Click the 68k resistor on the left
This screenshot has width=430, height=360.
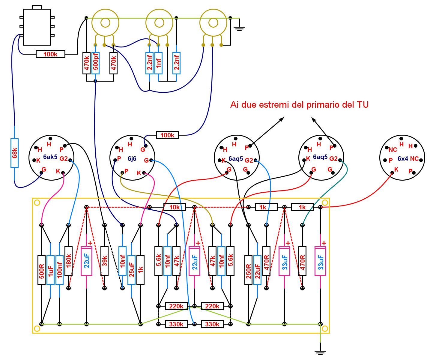tap(14, 153)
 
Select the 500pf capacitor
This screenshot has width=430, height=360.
tap(96, 63)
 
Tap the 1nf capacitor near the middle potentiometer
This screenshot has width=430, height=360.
tap(158, 63)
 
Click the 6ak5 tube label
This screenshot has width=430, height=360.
tap(50, 157)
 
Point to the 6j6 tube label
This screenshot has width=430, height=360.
tap(132, 158)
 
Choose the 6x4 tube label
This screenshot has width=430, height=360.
tap(403, 158)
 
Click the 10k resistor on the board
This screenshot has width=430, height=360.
tap(175, 207)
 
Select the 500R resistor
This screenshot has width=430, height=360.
tap(41, 270)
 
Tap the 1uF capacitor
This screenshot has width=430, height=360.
tap(50, 270)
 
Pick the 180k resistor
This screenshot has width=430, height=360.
tap(69, 261)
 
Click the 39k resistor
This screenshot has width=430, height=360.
tap(104, 261)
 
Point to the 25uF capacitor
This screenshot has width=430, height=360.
tap(131, 270)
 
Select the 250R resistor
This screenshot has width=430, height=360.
tap(248, 270)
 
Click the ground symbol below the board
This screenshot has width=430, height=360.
tap(320, 353)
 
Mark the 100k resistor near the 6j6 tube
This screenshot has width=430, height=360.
tap(167, 135)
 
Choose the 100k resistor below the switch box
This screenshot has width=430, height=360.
tap(50, 54)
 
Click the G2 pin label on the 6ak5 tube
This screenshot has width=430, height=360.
tap(64, 158)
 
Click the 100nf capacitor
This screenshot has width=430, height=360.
tap(59, 270)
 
